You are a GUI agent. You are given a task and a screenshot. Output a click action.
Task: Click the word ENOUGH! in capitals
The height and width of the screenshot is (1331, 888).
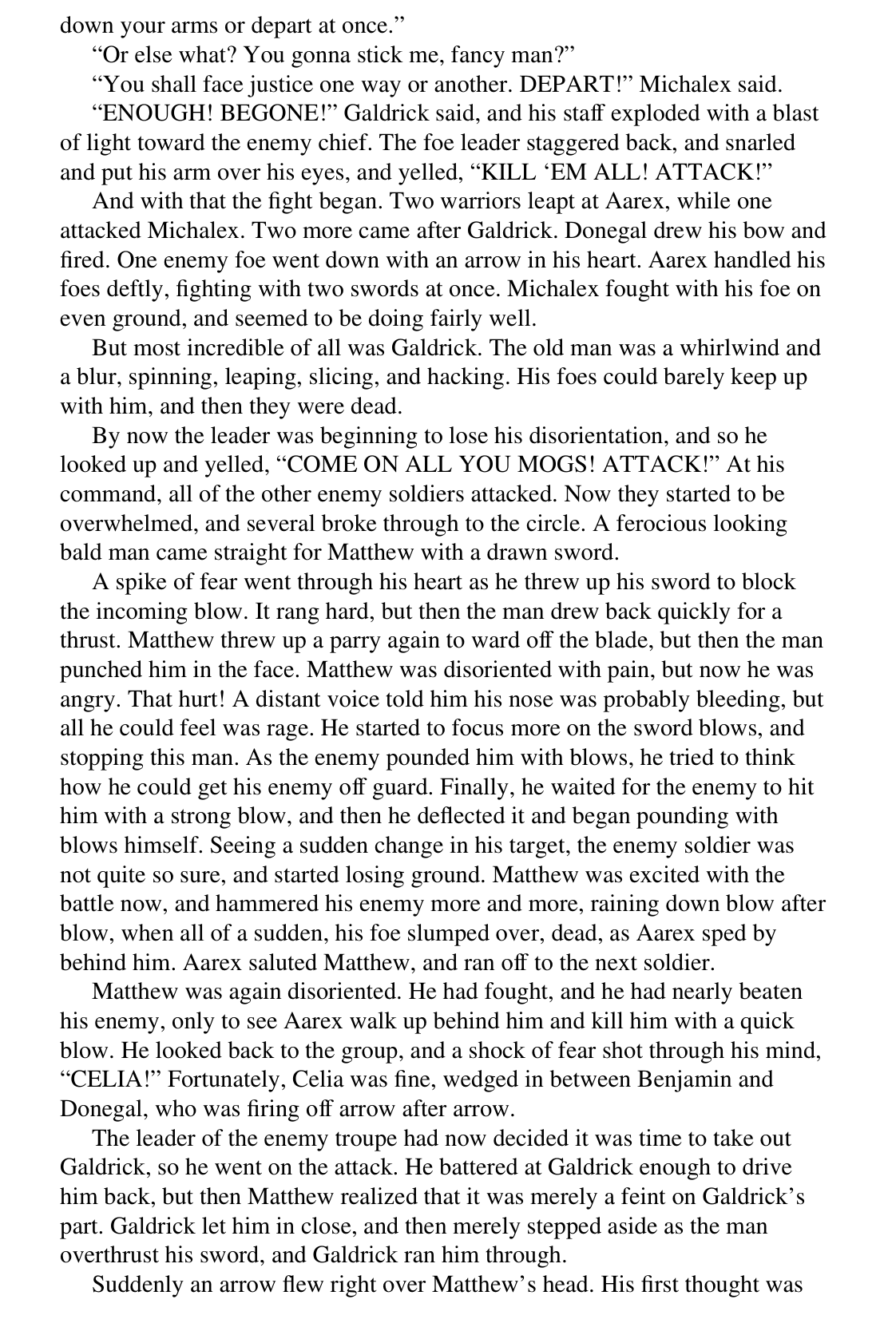(153, 113)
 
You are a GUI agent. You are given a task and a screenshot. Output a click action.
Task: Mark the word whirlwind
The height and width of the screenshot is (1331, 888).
(709, 348)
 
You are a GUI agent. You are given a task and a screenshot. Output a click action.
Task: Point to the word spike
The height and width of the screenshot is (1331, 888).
(136, 582)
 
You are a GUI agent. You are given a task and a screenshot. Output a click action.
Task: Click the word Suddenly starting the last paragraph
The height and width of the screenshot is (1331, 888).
(137, 1285)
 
